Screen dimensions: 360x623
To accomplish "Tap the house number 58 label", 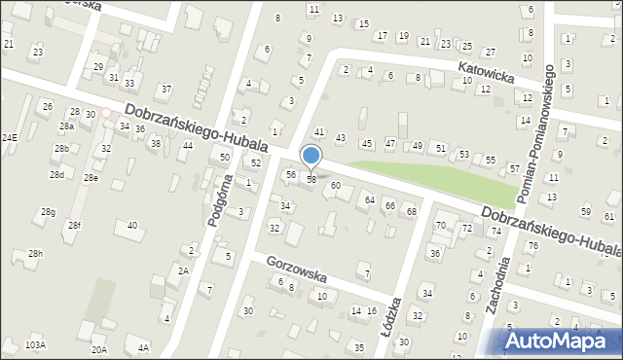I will click(x=311, y=179).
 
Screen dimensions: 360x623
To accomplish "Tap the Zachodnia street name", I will click(x=499, y=287).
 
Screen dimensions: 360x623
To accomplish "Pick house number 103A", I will click(x=36, y=344).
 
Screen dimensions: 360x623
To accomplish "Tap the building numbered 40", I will click(x=131, y=226).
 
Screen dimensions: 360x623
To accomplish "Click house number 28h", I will click(x=35, y=254).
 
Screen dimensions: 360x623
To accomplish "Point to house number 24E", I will click(x=9, y=138).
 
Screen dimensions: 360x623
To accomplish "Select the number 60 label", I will click(x=335, y=185).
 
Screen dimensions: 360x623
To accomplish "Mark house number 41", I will click(x=318, y=131).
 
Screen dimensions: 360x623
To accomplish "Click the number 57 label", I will click(x=513, y=168).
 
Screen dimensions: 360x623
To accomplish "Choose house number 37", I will click(x=166, y=89).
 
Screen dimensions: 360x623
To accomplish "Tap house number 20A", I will click(x=98, y=349).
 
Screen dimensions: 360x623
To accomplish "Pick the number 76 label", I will click(x=533, y=245).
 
